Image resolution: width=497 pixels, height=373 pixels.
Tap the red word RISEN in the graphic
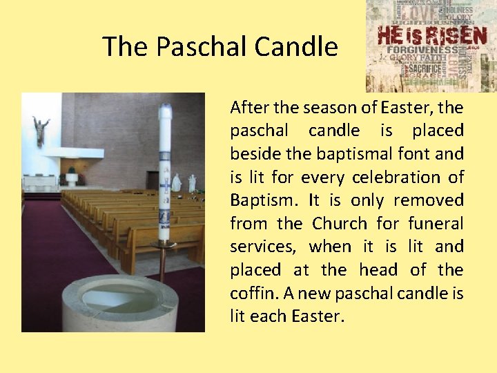click(x=456, y=35)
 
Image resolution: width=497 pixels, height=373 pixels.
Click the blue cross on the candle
click(x=165, y=187)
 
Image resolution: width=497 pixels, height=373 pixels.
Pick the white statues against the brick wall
click(x=184, y=182)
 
